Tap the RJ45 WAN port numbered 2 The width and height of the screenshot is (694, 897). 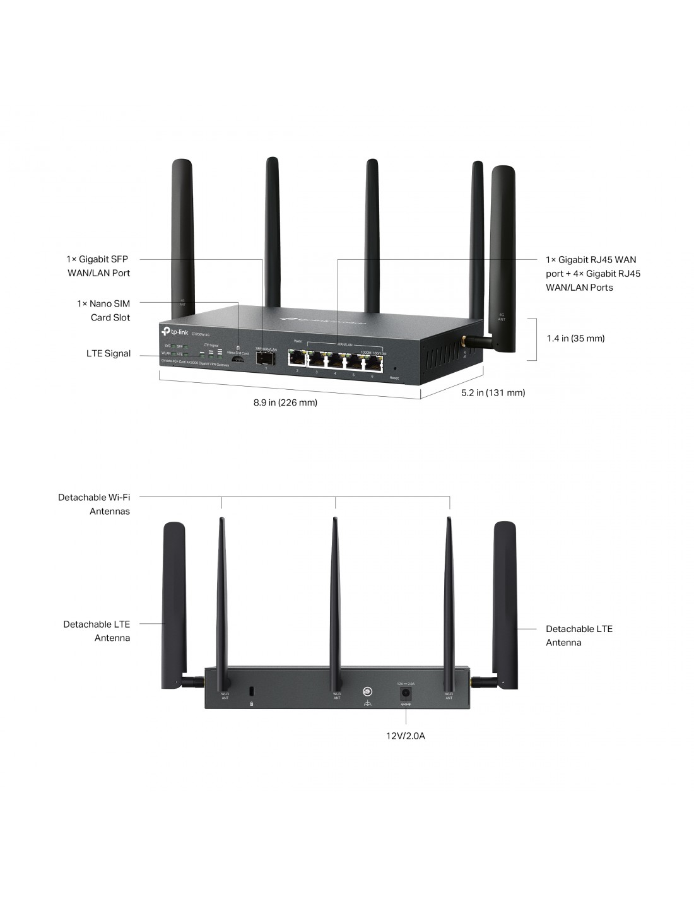[297, 359]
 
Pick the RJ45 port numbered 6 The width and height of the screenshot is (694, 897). [373, 363]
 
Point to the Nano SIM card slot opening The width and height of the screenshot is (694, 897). [238, 359]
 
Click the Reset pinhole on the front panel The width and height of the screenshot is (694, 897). [395, 369]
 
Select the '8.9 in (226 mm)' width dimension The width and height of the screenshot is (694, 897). [285, 402]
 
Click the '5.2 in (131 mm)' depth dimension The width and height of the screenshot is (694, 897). [493, 393]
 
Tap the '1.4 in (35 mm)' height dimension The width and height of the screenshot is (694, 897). [575, 339]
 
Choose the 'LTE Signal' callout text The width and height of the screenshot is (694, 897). [109, 354]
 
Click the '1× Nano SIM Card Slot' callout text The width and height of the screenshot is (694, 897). [104, 310]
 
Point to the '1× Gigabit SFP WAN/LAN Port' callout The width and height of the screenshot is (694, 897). [98, 266]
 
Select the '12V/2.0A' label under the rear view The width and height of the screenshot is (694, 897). [406, 736]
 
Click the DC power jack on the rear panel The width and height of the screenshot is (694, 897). [406, 693]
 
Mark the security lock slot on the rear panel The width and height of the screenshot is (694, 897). [252, 690]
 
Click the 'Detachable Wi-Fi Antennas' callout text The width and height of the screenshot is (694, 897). [95, 504]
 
